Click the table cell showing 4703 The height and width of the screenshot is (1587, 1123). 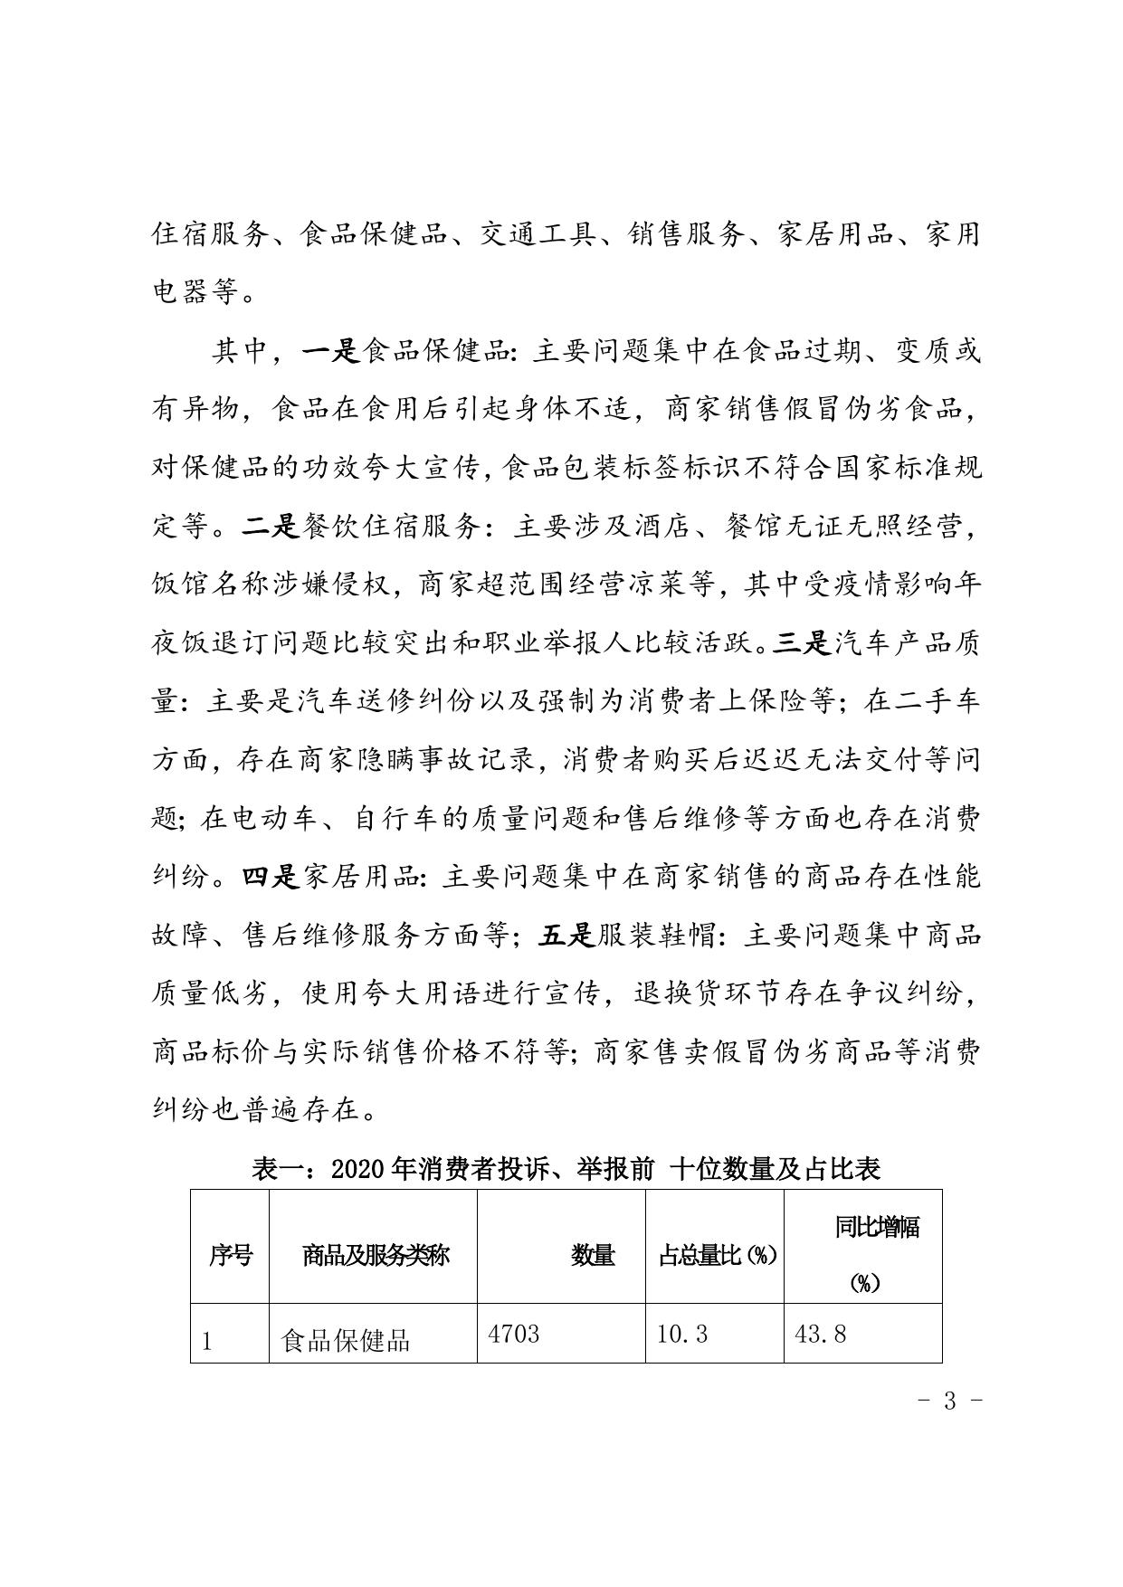(513, 1334)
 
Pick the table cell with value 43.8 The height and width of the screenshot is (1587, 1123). (820, 1334)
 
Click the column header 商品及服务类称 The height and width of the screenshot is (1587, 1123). (375, 1255)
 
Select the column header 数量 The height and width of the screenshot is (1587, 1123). (593, 1255)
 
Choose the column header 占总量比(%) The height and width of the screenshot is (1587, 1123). (717, 1255)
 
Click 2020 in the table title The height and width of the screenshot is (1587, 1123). (362, 1169)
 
